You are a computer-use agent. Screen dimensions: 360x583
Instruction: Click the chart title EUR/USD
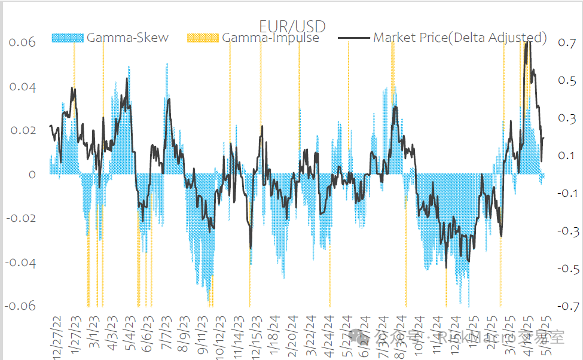pyautogui.click(x=292, y=26)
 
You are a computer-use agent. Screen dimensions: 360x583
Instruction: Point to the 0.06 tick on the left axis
pyautogui.click(x=22, y=42)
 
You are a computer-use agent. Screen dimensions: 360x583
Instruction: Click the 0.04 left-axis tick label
pyautogui.click(x=22, y=87)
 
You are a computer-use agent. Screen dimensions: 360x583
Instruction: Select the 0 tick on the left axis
pyautogui.click(x=32, y=175)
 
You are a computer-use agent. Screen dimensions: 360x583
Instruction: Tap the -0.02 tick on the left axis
pyautogui.click(x=20, y=218)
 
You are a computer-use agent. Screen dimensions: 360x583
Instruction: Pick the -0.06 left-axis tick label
pyautogui.click(x=20, y=306)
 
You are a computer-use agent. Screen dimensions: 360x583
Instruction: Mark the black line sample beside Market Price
pyautogui.click(x=353, y=38)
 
